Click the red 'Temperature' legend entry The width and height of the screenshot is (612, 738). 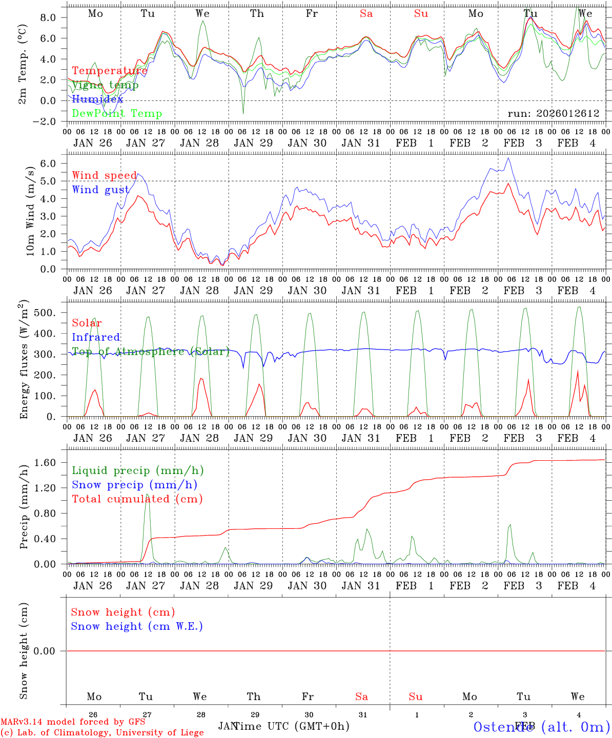(109, 71)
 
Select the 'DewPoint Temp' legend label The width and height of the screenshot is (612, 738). (117, 113)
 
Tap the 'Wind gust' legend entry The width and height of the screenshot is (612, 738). (100, 190)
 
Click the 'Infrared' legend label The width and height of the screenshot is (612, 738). (96, 337)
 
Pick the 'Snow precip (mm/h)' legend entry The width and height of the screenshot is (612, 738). (134, 485)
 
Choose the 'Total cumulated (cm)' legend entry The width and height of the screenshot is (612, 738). (137, 499)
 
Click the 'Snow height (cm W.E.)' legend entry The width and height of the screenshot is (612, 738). (137, 626)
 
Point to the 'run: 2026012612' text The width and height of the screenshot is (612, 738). (553, 113)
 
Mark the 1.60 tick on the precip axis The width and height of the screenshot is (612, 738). (50, 463)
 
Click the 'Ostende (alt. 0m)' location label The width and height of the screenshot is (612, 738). (542, 727)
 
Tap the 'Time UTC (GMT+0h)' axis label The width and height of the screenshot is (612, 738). (292, 726)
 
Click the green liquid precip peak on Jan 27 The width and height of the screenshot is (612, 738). (148, 495)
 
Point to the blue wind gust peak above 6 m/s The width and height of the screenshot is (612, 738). (508, 158)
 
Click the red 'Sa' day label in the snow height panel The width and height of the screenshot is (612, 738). (361, 696)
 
